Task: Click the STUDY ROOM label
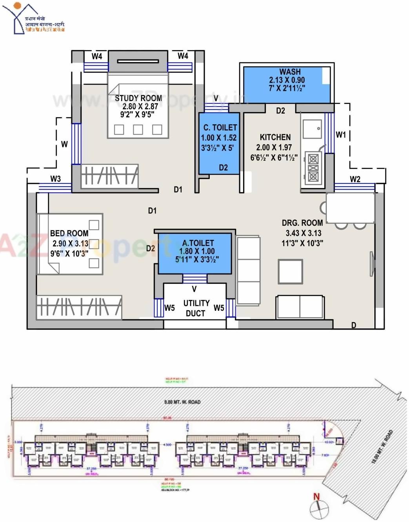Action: [x=138, y=98]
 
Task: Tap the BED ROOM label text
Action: [x=69, y=234]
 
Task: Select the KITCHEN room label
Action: [x=275, y=138]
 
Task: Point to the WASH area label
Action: [x=290, y=72]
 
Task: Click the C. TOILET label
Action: [x=220, y=128]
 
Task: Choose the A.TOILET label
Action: [x=198, y=243]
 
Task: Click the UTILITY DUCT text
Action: [x=196, y=308]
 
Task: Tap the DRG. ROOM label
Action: [x=302, y=223]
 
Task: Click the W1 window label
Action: [x=341, y=135]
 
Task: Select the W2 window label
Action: [x=355, y=179]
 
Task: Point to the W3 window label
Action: [x=56, y=179]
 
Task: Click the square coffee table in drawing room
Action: [x=290, y=271]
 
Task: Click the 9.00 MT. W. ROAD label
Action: [x=182, y=402]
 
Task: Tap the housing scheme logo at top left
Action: [x=33, y=19]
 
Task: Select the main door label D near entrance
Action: [x=354, y=325]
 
